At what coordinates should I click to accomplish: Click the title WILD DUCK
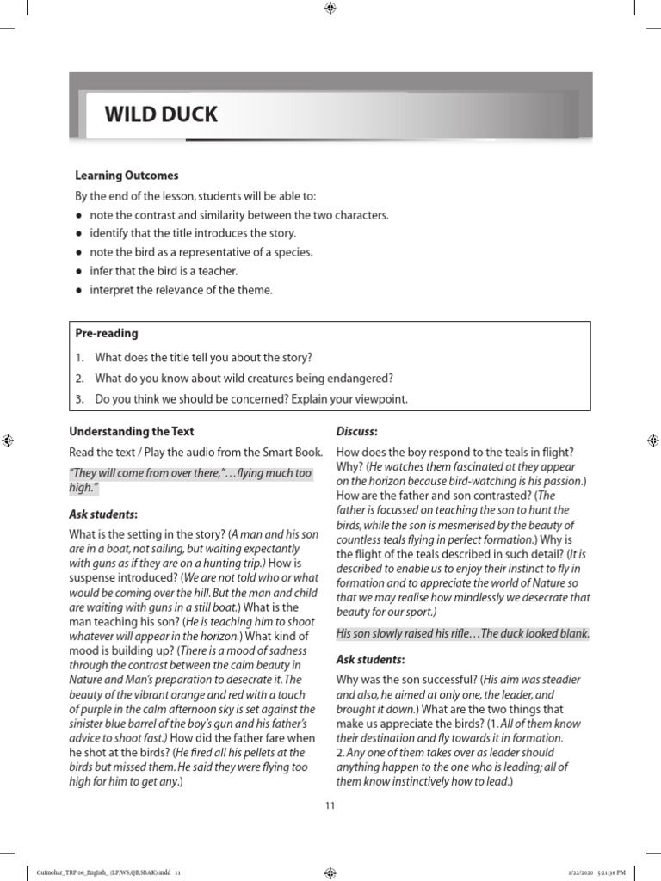click(161, 114)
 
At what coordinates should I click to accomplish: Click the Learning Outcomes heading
click(127, 176)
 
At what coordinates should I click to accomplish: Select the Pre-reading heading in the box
click(108, 333)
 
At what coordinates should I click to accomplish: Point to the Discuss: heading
click(357, 430)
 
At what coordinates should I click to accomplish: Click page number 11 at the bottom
click(330, 805)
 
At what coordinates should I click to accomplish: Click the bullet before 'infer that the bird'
click(79, 272)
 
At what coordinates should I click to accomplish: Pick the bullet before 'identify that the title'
click(79, 234)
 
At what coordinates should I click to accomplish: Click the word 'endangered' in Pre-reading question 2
click(365, 379)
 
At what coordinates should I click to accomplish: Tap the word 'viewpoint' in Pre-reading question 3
click(375, 399)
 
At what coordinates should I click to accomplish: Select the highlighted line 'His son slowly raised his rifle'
click(462, 634)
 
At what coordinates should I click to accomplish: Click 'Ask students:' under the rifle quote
click(370, 660)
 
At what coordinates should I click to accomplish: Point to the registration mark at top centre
click(330, 9)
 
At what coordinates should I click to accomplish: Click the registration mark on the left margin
click(7, 440)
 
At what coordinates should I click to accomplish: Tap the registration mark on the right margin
click(652, 440)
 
